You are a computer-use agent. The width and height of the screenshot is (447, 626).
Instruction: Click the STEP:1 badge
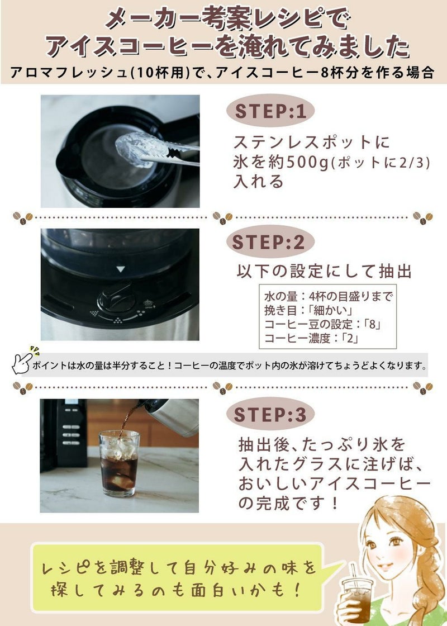(x=270, y=111)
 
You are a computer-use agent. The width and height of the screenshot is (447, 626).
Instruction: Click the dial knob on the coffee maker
(x=116, y=296)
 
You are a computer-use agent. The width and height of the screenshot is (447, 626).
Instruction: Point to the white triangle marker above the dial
(x=120, y=269)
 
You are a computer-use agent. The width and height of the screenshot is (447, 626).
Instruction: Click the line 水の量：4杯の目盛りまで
(x=327, y=296)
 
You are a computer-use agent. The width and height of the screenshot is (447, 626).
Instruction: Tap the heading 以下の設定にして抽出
(x=325, y=271)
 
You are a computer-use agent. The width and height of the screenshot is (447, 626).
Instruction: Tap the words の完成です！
(x=288, y=503)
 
